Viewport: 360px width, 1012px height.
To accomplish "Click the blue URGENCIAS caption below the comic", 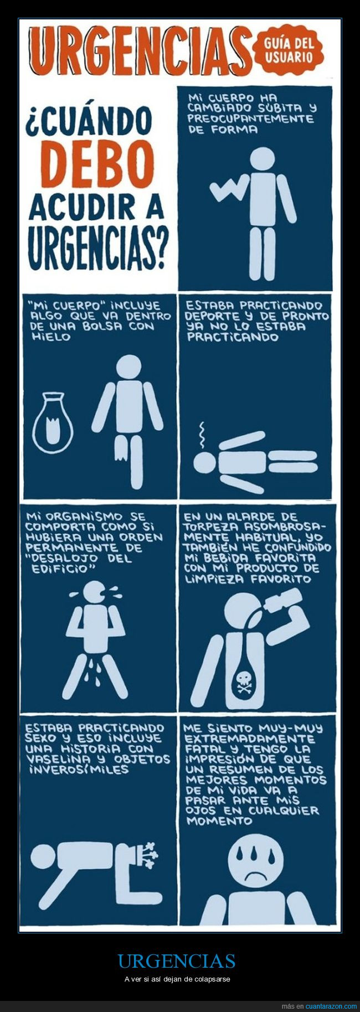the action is coord(176,961).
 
